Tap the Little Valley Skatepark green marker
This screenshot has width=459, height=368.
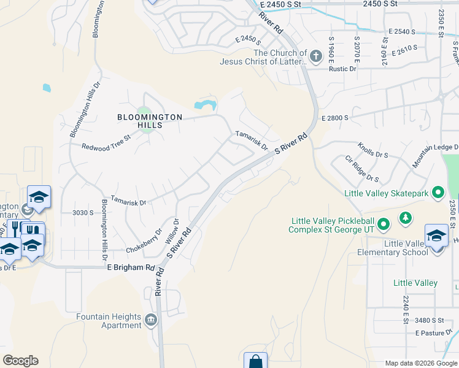(438, 193)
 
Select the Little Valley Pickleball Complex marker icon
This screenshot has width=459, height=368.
(383, 224)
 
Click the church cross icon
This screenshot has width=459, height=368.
(315, 57)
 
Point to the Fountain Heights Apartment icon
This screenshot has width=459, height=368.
(150, 320)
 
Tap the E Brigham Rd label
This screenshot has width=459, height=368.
(131, 268)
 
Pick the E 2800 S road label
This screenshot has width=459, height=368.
(334, 117)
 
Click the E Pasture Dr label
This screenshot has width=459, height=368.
(433, 333)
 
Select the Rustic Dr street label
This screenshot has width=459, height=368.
(344, 69)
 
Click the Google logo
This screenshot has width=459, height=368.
(20, 361)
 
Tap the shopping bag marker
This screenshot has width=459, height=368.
(255, 361)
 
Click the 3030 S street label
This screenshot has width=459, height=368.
(82, 213)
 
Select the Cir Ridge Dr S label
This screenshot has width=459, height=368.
(361, 168)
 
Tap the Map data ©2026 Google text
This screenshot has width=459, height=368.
(420, 363)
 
